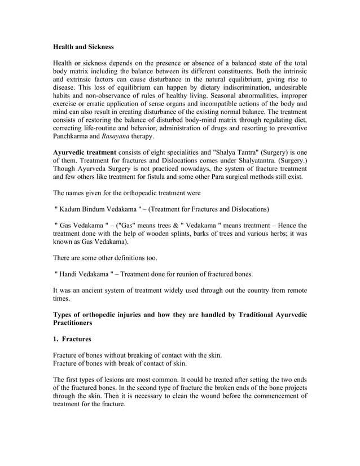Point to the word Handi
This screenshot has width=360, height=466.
point(72,274)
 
